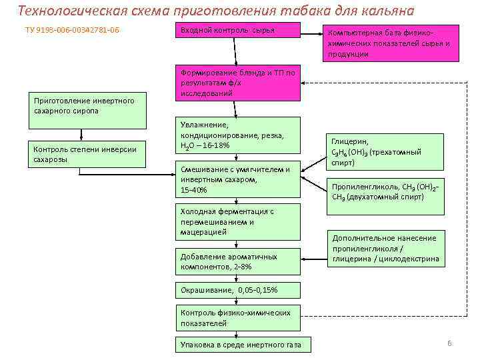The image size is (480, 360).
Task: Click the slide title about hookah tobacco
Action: point(215,11)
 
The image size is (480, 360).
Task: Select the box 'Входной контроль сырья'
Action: point(237,31)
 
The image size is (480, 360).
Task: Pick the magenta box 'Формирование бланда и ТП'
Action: point(237,83)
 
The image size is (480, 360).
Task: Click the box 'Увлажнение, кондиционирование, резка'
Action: point(237,135)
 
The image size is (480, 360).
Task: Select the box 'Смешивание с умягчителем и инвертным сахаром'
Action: point(237,179)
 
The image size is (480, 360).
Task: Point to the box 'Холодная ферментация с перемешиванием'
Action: point(237,221)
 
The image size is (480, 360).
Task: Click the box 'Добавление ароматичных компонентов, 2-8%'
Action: point(237,261)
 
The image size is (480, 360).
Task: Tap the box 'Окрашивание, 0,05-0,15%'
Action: point(237,290)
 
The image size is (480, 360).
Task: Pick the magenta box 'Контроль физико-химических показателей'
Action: point(237,317)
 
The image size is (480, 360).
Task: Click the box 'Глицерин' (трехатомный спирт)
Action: point(385,152)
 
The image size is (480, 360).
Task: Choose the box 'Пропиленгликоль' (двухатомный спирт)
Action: point(385,191)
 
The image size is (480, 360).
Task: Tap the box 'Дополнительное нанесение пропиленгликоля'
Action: point(385,249)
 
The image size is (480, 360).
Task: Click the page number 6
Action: point(449,343)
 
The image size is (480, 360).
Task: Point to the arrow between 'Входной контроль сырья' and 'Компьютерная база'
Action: point(311,31)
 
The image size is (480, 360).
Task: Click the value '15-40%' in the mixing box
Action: point(194,190)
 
